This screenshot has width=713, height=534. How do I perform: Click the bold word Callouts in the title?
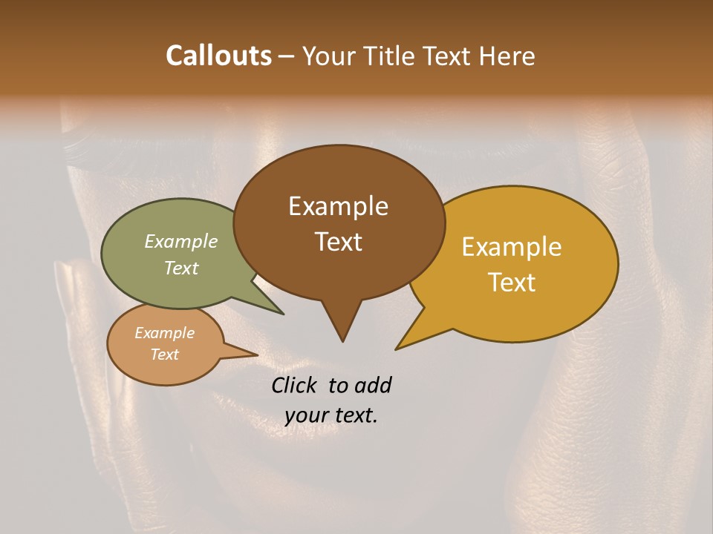click(x=218, y=56)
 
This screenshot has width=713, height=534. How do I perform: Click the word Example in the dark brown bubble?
click(x=338, y=206)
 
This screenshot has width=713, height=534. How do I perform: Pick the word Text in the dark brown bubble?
click(x=338, y=242)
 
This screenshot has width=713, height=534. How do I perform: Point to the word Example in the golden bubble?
click(x=512, y=247)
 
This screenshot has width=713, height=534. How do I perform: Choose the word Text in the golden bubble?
click(x=512, y=283)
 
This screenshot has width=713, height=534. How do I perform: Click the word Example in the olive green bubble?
click(x=181, y=242)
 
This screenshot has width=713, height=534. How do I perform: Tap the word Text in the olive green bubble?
click(x=181, y=268)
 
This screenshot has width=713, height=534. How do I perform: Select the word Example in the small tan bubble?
click(x=165, y=333)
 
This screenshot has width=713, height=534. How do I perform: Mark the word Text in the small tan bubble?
click(x=165, y=355)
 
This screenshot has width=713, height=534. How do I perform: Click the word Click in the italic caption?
click(x=295, y=385)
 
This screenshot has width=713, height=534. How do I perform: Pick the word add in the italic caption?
click(x=374, y=385)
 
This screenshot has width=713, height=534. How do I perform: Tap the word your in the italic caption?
click(x=305, y=416)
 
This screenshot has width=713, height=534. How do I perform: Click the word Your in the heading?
click(x=330, y=56)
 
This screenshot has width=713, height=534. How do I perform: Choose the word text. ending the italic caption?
click(x=355, y=416)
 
